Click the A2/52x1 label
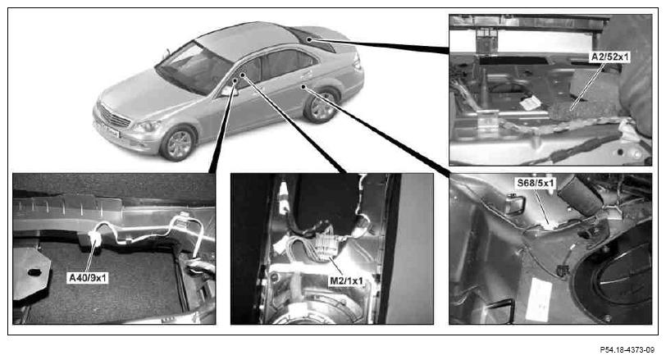coord(609,57)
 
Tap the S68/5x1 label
coord(535,184)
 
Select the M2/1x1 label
coord(347,280)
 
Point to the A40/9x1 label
coord(88,278)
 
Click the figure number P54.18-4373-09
coord(627,350)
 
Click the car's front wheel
coord(178,143)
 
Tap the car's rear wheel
coord(322,106)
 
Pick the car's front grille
coord(115,116)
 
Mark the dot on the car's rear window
coord(310,40)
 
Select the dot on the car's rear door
coord(303,87)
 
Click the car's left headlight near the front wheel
coord(147,125)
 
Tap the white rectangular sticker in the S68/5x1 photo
coord(538,299)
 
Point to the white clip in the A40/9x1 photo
coord(94,239)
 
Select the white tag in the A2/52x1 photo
coord(530,103)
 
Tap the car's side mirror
coord(227,91)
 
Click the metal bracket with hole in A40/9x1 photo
coord(30,271)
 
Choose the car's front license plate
coord(106,130)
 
